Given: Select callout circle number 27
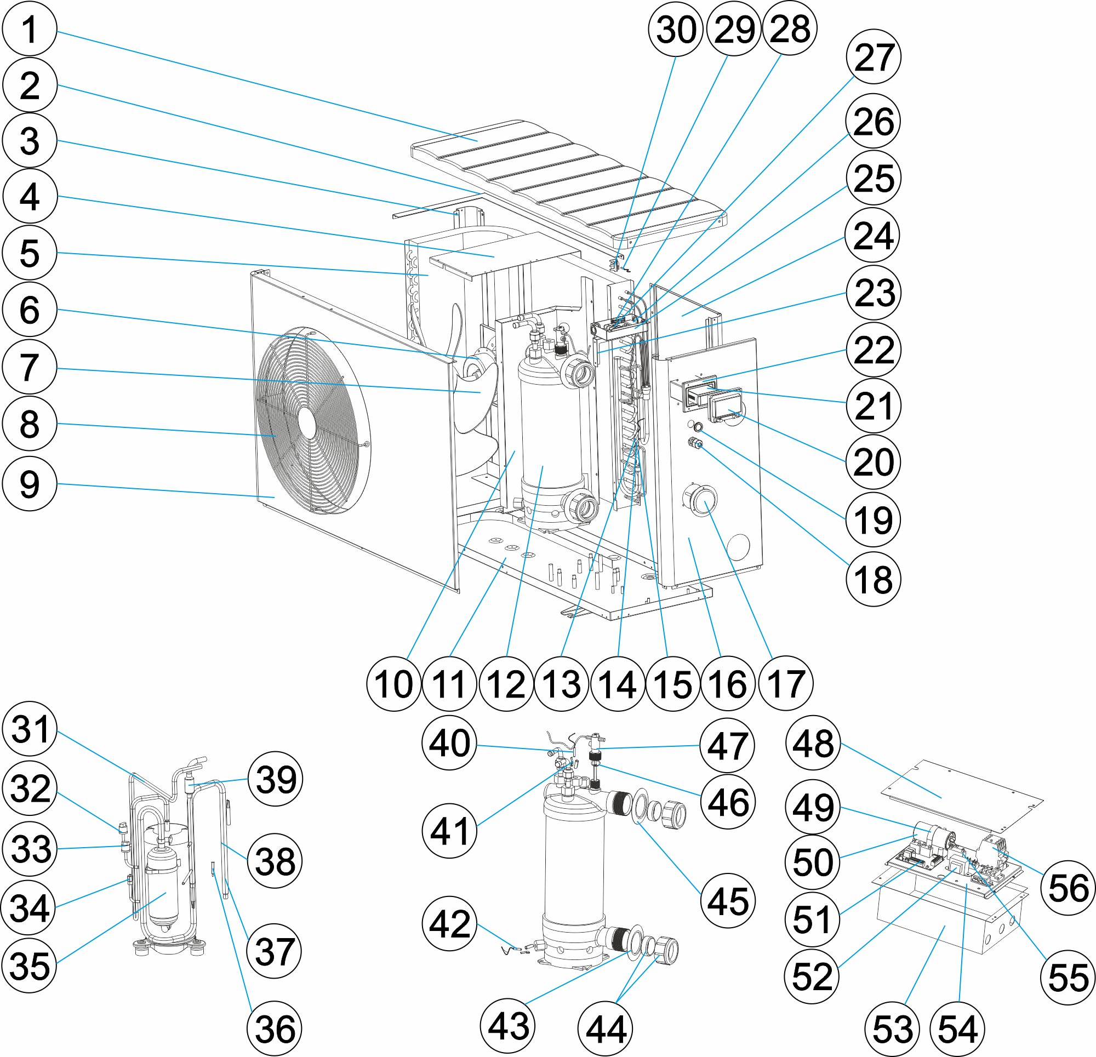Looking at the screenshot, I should pos(874,56).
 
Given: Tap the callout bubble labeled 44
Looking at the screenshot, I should pos(606,1030).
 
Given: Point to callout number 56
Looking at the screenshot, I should pos(1068,888).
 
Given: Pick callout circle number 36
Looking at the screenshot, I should pos(274,1029).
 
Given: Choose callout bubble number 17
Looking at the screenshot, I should pos(786,683).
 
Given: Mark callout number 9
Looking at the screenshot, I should pos(30,484).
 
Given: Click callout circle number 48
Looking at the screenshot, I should pos(813,744).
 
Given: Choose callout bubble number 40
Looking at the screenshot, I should pos(449,742).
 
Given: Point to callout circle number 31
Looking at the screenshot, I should pos(30,730).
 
